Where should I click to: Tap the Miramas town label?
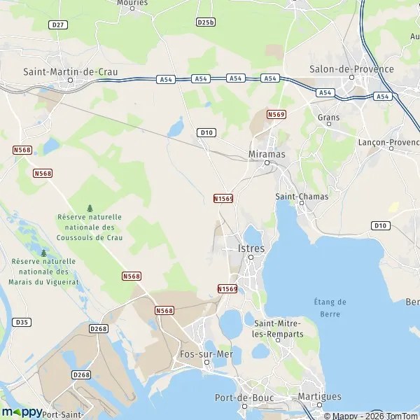(x=266, y=153)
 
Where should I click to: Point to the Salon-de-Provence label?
(x=351, y=69)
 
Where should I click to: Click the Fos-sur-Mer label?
(x=206, y=354)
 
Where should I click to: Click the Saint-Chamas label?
(x=302, y=197)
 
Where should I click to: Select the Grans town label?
(x=328, y=118)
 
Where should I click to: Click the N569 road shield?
(x=276, y=113)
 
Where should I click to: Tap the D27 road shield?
(x=58, y=24)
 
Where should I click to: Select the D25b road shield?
(x=205, y=22)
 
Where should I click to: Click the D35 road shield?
(x=22, y=322)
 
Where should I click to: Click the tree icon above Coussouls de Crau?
(x=90, y=208)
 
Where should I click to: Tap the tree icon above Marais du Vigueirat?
(x=43, y=253)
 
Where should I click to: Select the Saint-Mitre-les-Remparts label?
(x=279, y=328)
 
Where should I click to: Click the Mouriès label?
(x=132, y=3)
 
